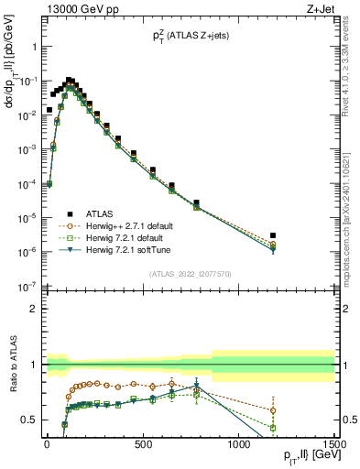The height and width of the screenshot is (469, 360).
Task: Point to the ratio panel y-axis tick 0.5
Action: [28, 420]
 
